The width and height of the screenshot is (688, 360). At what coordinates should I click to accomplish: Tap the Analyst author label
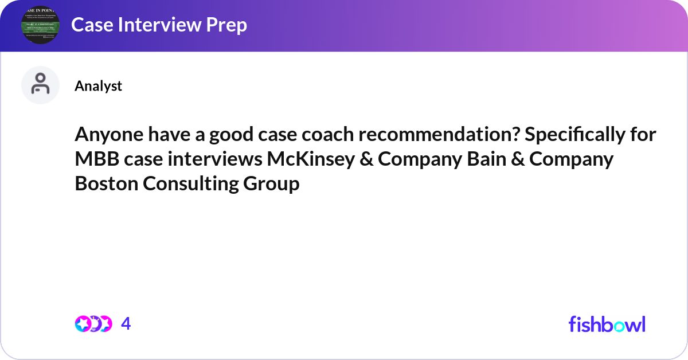point(98,86)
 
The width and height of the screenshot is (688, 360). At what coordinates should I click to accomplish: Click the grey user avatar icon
point(40,85)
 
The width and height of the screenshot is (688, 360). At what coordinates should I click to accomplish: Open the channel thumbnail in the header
point(40,25)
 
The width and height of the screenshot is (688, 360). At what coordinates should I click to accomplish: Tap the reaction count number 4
point(126,324)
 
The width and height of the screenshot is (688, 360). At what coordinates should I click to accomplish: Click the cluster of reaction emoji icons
point(93,324)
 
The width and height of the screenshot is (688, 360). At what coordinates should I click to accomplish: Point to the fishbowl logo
point(607,324)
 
